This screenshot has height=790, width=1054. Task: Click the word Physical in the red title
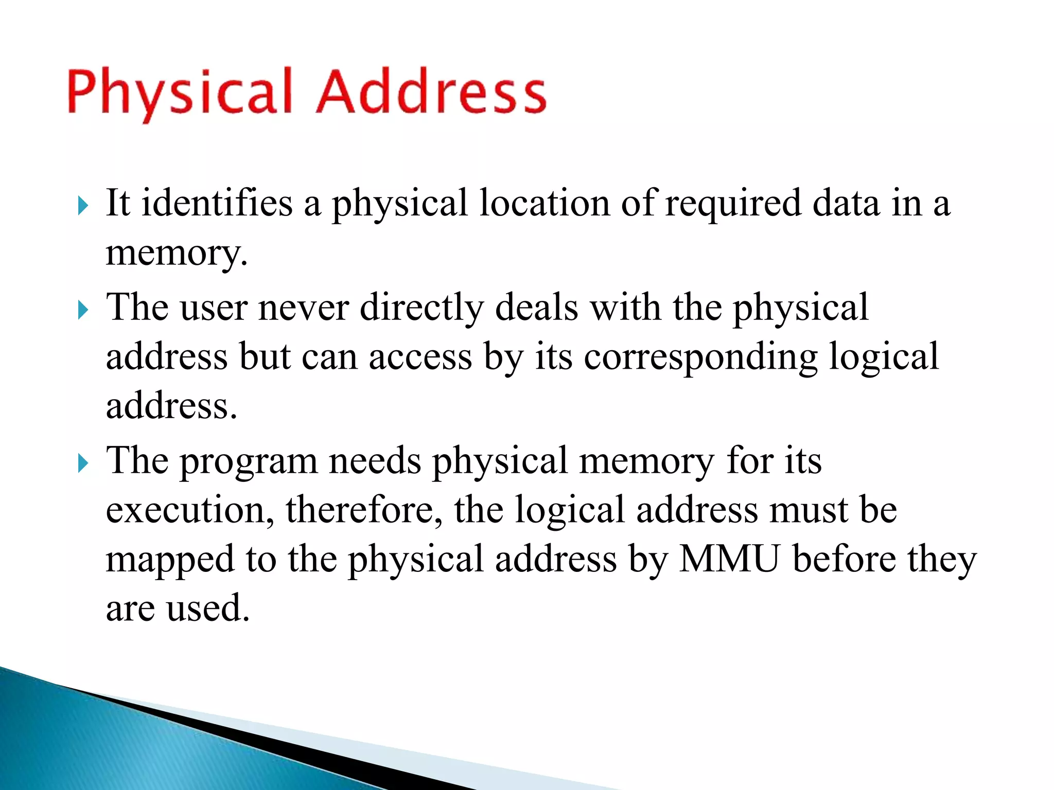(x=180, y=93)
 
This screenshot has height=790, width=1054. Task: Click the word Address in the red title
(x=431, y=93)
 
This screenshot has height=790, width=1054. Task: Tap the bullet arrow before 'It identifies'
(x=83, y=206)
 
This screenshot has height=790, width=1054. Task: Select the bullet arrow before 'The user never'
(x=83, y=310)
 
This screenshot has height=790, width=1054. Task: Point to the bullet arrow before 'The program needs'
(x=83, y=463)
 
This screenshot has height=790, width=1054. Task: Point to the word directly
(x=421, y=308)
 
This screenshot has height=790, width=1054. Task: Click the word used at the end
(x=208, y=608)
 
